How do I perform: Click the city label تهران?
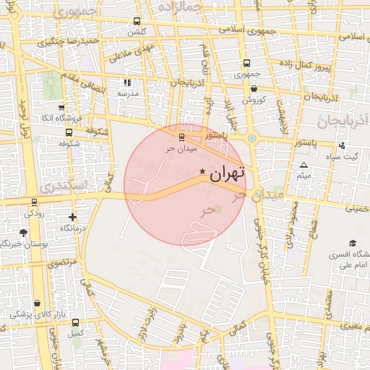pyautogui.click(x=228, y=173)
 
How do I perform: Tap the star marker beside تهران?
pyautogui.click(x=202, y=171)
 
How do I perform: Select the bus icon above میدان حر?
pyautogui.click(x=181, y=136)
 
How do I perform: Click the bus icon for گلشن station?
pyautogui.click(x=137, y=21)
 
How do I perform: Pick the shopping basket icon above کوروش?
pyautogui.click(x=254, y=88)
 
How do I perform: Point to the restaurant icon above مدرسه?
pyautogui.click(x=127, y=83)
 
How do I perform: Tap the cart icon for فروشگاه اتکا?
pyautogui.click(x=61, y=107)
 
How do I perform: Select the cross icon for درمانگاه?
pyautogui.click(x=72, y=217)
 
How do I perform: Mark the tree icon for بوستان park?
pyautogui.click(x=23, y=233)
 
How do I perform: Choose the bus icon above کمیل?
pyautogui.click(x=75, y=322)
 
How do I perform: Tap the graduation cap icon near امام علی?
pyautogui.click(x=352, y=244)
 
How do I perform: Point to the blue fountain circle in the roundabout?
pyautogui.click(x=251, y=137)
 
